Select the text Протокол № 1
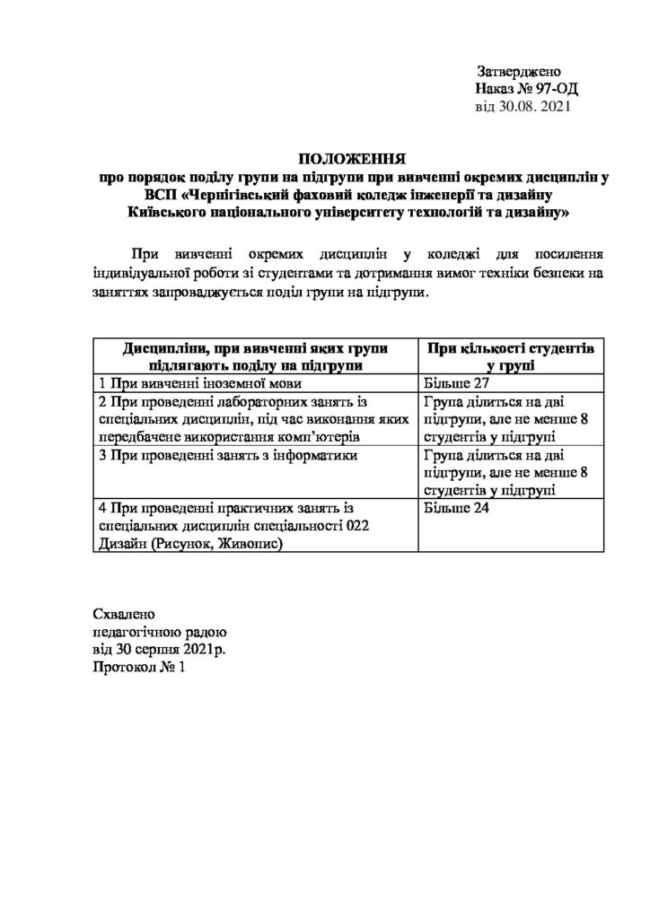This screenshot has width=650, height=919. coord(143,669)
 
